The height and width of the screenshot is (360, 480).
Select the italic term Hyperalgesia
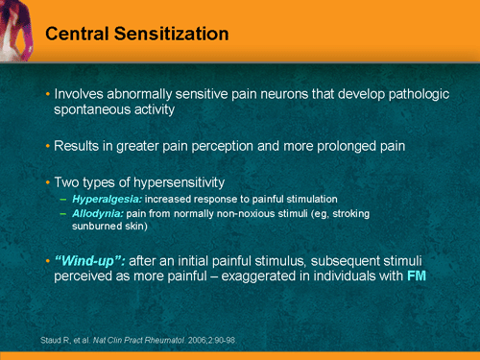108,197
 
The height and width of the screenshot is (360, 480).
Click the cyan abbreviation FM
417,276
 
